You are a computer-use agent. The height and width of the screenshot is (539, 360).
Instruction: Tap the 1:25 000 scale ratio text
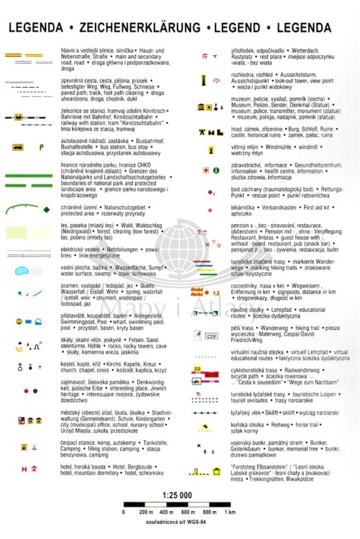tap(180, 496)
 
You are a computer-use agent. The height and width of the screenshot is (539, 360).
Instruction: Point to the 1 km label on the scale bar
tap(230, 512)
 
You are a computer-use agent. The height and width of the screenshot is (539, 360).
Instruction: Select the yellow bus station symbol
tap(17, 147)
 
